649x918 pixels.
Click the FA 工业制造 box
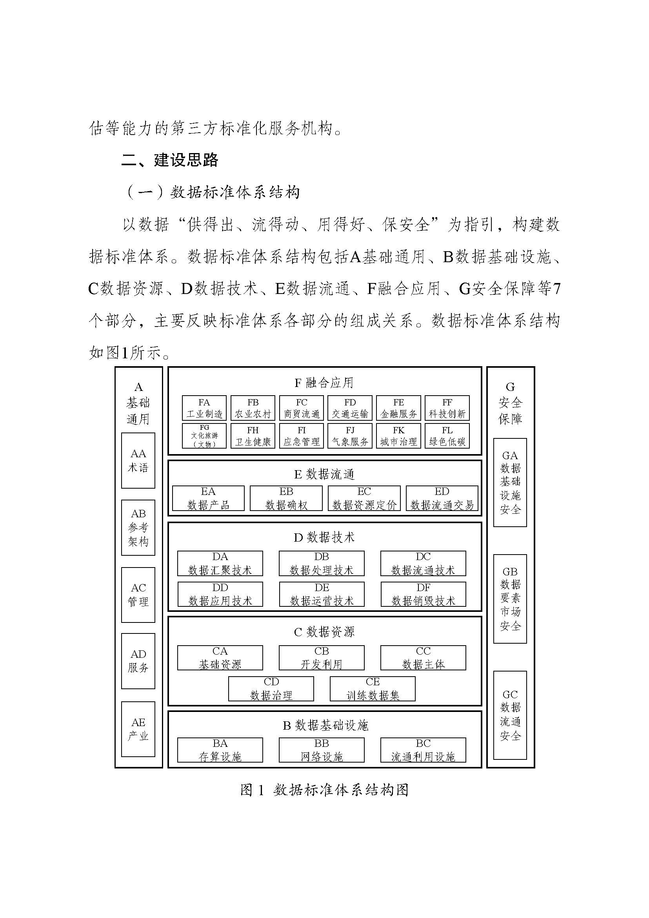coord(204,408)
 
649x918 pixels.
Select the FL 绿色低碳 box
coord(447,436)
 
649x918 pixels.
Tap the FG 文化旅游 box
coord(204,436)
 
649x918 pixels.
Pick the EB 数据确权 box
coord(286,498)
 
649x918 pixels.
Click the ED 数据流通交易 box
coord(442,498)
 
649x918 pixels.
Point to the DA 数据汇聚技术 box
coord(220,563)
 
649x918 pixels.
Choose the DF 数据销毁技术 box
coord(423,594)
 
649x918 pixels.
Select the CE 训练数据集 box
coord(373,689)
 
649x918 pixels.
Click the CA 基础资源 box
coord(220,658)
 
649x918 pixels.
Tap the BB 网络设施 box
coord(322,750)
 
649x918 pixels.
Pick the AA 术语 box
coord(138,460)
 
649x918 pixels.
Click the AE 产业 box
coord(138,729)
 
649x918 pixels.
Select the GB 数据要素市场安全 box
coord(510,599)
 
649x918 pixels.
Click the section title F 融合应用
coord(324,383)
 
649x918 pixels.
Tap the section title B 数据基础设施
coord(325,725)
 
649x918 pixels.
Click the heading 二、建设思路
coord(169,160)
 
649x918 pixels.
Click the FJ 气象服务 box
coord(350,436)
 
